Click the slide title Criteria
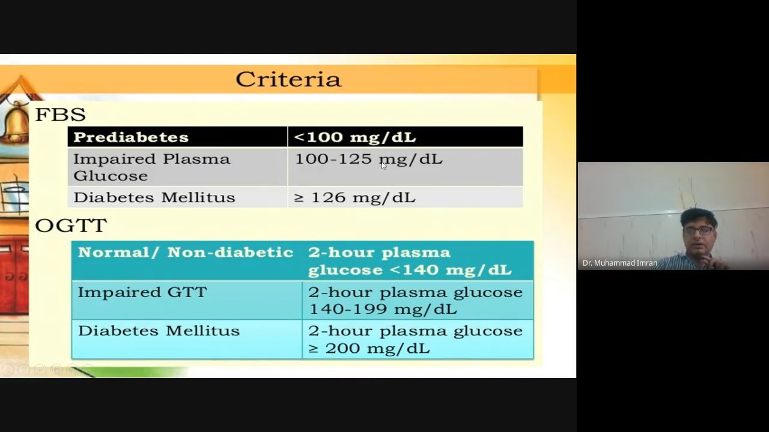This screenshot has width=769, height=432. pos(288,79)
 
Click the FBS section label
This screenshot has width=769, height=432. pos(60,115)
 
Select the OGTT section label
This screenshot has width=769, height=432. pos(71,226)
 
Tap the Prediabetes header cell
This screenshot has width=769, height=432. pos(131,137)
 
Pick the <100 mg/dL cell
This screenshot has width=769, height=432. pos(354,137)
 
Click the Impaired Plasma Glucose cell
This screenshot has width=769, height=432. pos(151,167)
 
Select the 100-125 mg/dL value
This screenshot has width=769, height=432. pos(368,159)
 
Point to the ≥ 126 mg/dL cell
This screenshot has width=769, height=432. pos(354,197)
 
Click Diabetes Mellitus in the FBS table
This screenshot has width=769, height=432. pos(154,197)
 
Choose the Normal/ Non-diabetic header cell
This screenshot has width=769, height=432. pos(185,253)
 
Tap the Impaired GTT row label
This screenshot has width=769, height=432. pos(142,292)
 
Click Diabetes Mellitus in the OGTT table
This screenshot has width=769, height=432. pos(159,331)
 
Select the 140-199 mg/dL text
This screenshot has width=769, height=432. pos(382,309)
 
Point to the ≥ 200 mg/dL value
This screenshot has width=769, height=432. pos(369,348)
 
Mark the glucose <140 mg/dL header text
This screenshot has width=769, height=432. pos(410,270)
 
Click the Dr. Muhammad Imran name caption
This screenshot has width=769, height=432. pos(619,263)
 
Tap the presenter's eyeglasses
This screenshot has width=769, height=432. pos(698,230)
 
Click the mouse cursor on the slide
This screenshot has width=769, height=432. pos(384,166)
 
